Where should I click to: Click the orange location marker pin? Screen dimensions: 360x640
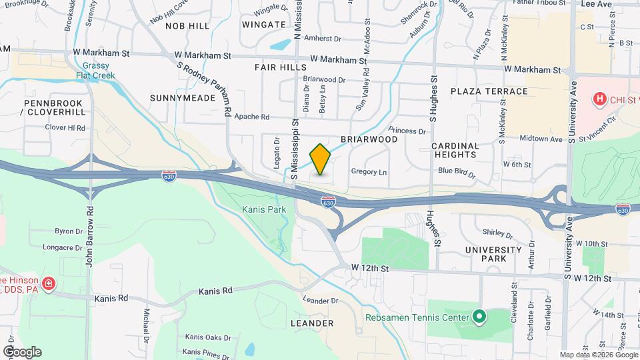tap(321, 159)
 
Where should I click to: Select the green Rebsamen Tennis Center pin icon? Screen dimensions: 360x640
tap(478, 316)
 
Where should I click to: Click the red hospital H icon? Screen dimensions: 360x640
tap(600, 99)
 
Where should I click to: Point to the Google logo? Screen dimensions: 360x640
tap(22, 351)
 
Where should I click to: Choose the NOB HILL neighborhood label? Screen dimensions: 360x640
tap(187, 25)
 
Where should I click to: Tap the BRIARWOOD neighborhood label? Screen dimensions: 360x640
tap(369, 139)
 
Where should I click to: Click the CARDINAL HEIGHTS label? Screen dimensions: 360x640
tap(455, 150)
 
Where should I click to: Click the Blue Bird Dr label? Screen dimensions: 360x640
tap(457, 173)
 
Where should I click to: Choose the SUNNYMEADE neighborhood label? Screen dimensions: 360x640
tap(183, 98)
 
